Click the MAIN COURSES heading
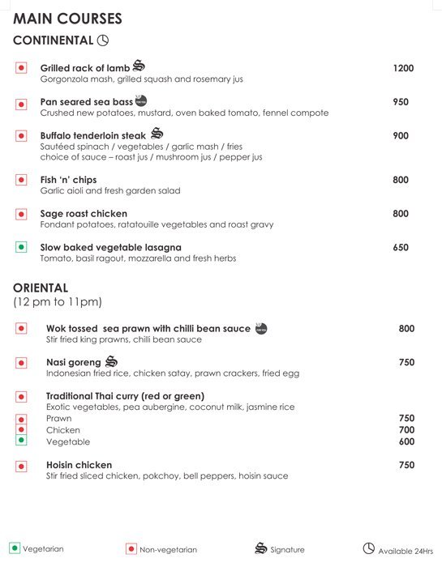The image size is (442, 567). tap(67, 18)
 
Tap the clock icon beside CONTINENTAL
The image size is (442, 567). tap(102, 40)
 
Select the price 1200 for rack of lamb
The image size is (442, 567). tap(403, 68)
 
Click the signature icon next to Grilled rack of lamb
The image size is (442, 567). tap(138, 66)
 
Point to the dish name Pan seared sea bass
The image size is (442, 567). tap(86, 102)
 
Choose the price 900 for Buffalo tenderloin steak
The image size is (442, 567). tap(401, 136)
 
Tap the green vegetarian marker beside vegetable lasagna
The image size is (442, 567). tap(21, 247)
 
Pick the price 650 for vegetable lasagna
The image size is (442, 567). tap(401, 247)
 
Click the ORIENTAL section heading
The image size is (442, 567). tap(41, 288)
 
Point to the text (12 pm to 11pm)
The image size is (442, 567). tap(57, 302)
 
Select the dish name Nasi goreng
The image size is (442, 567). tap(73, 363)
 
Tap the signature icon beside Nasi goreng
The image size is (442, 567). tap(111, 361)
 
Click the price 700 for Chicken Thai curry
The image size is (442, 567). tap(406, 430)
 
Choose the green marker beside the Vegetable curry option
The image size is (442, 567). tap(21, 441)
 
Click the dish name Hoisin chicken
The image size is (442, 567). tap(79, 465)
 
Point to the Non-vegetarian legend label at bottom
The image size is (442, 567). tap(168, 550)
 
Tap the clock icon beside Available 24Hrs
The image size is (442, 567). tap(368, 548)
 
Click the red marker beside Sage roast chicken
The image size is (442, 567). tap(21, 214)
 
